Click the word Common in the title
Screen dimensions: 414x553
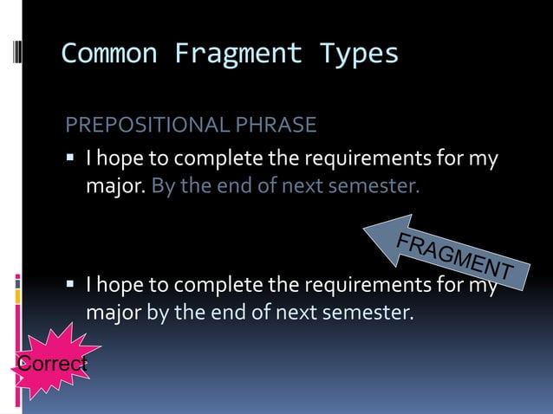(109, 54)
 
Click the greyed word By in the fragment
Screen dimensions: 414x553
(161, 185)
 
